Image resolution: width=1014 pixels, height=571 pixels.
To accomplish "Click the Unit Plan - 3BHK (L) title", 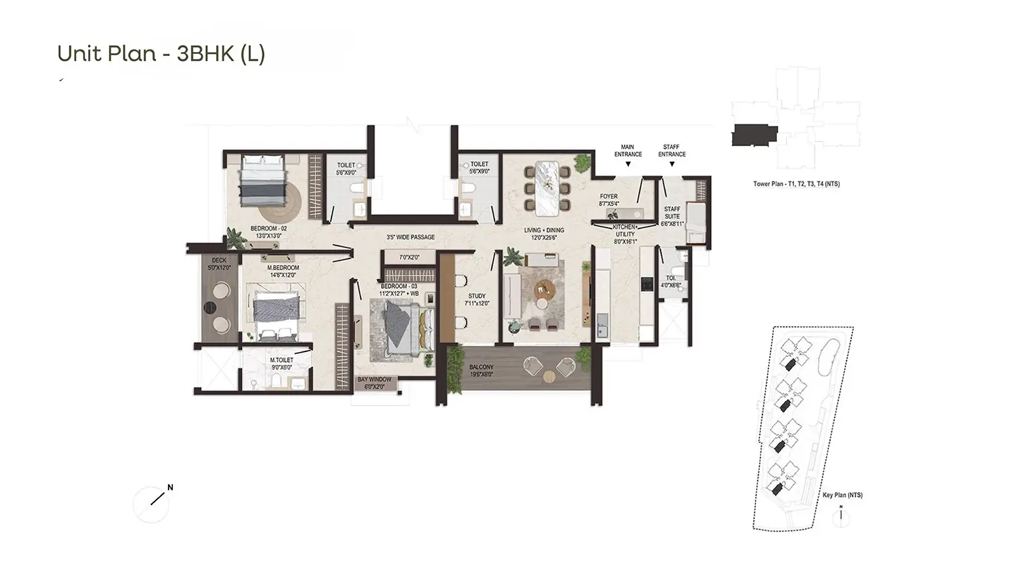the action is click(x=161, y=53).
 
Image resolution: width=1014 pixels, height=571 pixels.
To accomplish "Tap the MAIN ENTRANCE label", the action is click(x=628, y=151).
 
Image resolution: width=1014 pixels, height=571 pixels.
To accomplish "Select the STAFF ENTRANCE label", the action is click(x=672, y=151).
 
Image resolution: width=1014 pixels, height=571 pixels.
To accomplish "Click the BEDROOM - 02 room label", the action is click(x=269, y=232).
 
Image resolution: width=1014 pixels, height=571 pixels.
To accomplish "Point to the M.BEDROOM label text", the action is click(x=283, y=268).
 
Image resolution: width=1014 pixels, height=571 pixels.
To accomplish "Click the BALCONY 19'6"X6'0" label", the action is click(x=481, y=371).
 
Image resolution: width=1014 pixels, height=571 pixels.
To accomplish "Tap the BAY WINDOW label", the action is click(x=375, y=379).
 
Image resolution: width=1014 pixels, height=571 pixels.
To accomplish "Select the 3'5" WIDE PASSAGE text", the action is click(x=411, y=237).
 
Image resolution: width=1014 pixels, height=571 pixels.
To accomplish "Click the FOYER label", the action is click(x=609, y=196).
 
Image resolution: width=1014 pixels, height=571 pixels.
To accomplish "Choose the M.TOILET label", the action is click(x=281, y=360).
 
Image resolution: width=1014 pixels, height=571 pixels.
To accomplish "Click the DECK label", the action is click(x=219, y=260).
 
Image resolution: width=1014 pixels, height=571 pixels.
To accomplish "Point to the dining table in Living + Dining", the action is click(x=548, y=188).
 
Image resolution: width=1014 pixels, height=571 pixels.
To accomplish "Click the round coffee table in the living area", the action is click(x=545, y=289).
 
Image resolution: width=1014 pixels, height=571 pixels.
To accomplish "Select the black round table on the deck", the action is click(x=210, y=308).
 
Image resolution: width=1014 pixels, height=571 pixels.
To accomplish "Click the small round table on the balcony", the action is click(x=549, y=377).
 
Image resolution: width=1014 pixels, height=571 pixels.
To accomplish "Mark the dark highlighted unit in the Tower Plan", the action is click(x=755, y=135).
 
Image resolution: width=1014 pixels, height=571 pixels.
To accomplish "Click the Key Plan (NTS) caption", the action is click(x=842, y=495).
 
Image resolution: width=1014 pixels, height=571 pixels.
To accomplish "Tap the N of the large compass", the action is click(x=170, y=488).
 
